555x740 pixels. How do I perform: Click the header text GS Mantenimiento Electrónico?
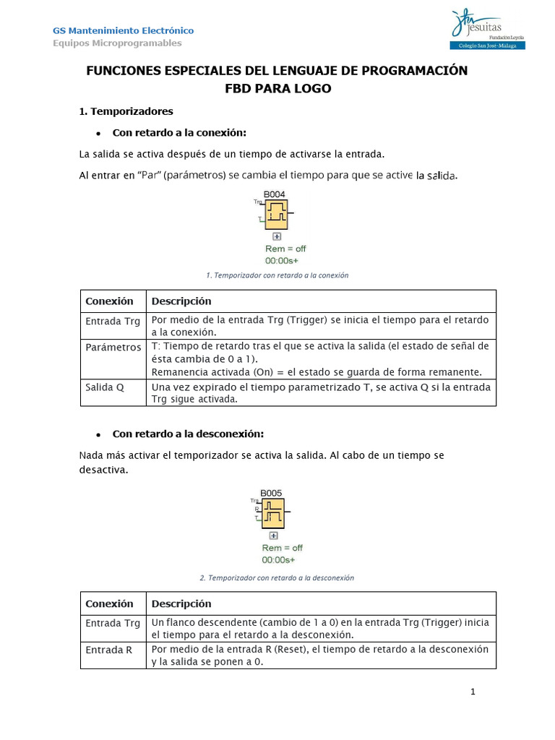click(x=123, y=30)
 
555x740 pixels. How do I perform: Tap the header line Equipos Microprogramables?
click(x=117, y=43)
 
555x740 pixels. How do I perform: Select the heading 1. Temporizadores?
click(x=126, y=111)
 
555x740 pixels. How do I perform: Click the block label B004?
click(x=274, y=194)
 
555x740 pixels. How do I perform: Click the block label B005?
click(x=271, y=493)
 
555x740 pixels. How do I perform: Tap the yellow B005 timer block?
click(x=273, y=514)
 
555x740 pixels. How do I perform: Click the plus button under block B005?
click(x=273, y=535)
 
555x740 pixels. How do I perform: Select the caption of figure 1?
click(x=277, y=275)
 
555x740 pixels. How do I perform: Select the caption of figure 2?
click(x=276, y=577)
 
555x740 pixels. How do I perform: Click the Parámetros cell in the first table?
click(x=113, y=348)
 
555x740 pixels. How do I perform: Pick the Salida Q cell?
click(x=106, y=387)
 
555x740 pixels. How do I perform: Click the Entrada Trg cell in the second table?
click(x=113, y=623)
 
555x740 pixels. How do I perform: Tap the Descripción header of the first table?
click(x=181, y=301)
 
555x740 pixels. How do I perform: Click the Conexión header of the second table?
click(x=110, y=603)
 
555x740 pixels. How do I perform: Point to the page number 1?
click(x=473, y=692)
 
